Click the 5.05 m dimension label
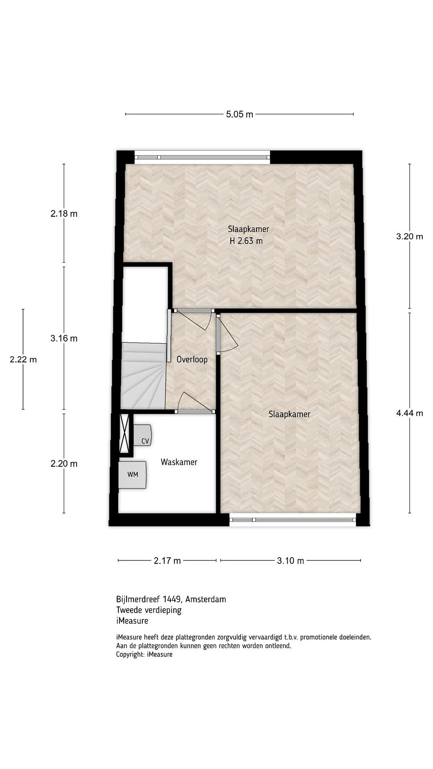click(239, 114)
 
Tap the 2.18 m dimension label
click(64, 214)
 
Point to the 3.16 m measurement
click(64, 338)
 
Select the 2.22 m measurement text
click(23, 359)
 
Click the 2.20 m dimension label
click(64, 464)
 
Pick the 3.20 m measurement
click(409, 236)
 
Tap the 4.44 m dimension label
click(409, 413)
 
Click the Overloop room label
click(192, 359)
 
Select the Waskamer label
click(179, 462)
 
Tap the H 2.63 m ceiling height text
click(246, 241)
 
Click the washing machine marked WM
click(133, 475)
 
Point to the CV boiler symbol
click(142, 435)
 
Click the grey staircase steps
click(143, 376)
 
